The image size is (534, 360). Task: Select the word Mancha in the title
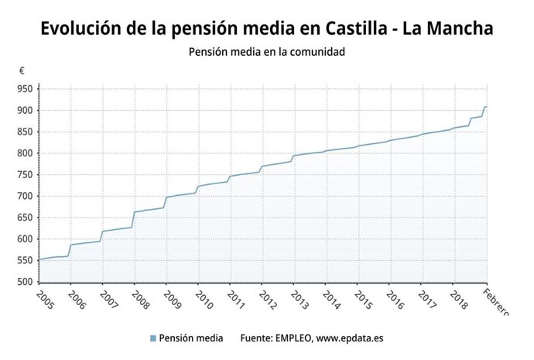pos(459,29)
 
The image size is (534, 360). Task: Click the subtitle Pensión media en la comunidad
pos(266,53)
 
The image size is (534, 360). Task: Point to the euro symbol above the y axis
pos(22,70)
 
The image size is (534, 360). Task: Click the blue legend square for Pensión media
pos(153,338)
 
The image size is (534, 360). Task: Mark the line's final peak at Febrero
pos(485,107)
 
